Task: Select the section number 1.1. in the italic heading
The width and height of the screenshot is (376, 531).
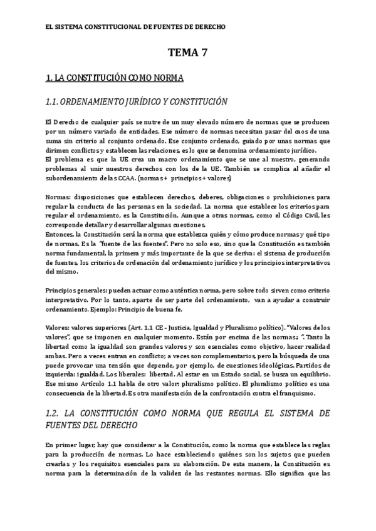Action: (x=55, y=101)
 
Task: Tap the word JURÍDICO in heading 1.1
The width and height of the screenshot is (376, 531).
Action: (x=145, y=101)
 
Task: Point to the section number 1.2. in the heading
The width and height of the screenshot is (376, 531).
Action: (x=55, y=414)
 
